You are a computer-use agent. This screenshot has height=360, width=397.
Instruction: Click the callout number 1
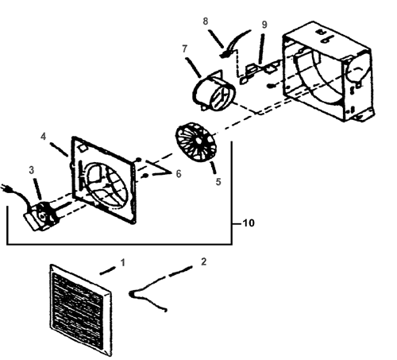click(x=122, y=263)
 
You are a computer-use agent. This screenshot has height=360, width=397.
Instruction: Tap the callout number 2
click(x=203, y=261)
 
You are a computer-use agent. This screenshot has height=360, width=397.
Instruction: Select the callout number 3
click(x=32, y=170)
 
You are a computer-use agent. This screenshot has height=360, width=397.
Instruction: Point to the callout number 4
click(x=43, y=137)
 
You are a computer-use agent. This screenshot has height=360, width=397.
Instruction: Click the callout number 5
click(x=218, y=182)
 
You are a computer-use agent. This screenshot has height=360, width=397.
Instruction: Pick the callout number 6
click(x=179, y=174)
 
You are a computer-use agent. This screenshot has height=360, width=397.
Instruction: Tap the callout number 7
click(x=185, y=48)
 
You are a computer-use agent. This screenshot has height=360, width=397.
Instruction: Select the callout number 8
click(x=206, y=21)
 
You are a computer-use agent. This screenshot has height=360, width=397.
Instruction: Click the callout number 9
click(x=264, y=25)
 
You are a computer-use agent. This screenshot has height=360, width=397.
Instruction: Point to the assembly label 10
click(x=249, y=223)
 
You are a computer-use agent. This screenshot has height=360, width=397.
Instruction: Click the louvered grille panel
click(x=81, y=310)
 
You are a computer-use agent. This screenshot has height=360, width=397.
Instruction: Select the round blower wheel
click(x=196, y=142)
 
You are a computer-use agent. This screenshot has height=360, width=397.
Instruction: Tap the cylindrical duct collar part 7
click(x=214, y=91)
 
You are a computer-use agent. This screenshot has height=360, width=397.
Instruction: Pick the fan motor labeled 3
click(x=41, y=216)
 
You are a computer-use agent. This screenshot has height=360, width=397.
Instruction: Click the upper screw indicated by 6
click(x=138, y=160)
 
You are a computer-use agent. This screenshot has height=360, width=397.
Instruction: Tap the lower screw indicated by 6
click(x=145, y=176)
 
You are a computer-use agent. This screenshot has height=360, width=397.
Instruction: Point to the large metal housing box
click(x=328, y=72)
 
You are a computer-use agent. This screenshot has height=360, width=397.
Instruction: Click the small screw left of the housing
click(x=271, y=86)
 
